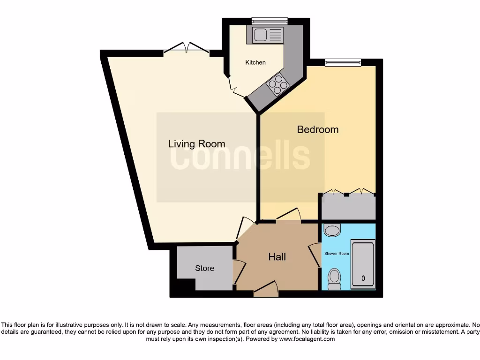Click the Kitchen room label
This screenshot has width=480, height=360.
[255, 62]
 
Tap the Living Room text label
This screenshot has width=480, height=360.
[196, 144]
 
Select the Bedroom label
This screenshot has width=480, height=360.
[317, 129]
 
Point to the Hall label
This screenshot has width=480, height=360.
[277, 257]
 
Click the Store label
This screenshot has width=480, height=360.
[204, 268]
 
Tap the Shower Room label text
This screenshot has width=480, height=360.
[337, 254]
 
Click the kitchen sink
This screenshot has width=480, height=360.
[268, 35]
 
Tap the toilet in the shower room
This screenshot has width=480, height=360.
[334, 278]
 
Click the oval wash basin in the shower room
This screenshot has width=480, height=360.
[332, 231]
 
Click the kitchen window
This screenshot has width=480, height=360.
[269, 21]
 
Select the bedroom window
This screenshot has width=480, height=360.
[343, 62]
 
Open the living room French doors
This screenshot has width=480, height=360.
[186, 49]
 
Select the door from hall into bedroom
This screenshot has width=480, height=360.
[287, 215]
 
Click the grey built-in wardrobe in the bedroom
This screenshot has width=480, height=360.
[347, 206]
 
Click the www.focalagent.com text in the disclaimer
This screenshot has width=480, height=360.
[307, 339]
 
